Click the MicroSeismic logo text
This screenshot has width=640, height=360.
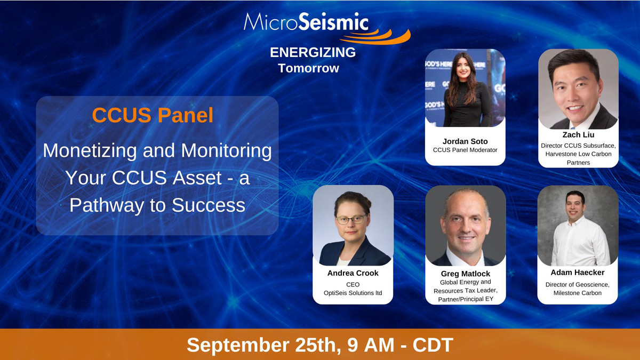point(306,22)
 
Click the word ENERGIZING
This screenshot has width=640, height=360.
point(313,53)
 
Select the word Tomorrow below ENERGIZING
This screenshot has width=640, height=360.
point(309,68)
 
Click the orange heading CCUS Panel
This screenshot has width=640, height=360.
point(153,115)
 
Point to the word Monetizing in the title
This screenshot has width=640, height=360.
point(90,150)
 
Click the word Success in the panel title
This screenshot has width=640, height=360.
point(209,205)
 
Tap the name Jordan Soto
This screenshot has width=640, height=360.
point(465,141)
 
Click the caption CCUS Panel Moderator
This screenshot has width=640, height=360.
point(465,150)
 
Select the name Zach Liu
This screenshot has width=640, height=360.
point(578,134)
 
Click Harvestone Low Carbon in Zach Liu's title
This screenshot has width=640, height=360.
point(578,154)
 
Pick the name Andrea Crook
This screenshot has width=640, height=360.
point(353,273)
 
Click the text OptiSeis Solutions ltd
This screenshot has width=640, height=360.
point(353,293)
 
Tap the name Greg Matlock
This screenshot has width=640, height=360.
point(466,274)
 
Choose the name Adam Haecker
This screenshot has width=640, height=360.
point(578,273)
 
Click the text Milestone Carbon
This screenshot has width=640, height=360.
point(578,293)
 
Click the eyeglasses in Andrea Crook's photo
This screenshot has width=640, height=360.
point(351,219)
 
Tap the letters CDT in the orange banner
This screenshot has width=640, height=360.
point(433,345)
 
